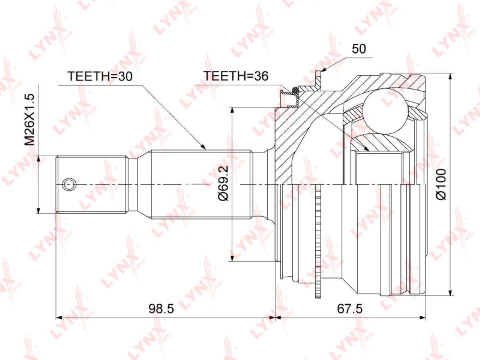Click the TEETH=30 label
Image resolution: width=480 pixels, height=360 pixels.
coord(100,76)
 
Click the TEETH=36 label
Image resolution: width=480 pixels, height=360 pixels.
coord(236,76)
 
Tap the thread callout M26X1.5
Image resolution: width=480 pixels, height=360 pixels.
coord(30,120)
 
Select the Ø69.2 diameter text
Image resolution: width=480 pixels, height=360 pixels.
coord(223,183)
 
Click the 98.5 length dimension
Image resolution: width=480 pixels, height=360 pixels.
coord(161,309)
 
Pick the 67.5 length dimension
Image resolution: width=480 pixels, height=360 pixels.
coord(350,309)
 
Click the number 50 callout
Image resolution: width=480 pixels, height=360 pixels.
coord(359,49)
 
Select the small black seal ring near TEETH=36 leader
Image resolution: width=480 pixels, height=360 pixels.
coord(295,89)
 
